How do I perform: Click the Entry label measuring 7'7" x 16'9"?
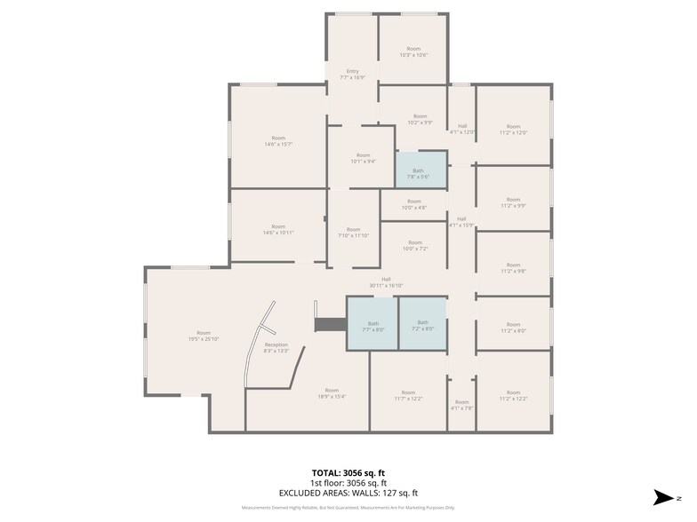[353, 75]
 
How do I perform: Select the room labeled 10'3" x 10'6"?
[413, 51]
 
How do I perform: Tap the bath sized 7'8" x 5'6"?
[418, 173]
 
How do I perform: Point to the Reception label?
[276, 347]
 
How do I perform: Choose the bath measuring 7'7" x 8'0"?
[373, 325]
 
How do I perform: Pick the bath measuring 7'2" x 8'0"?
[422, 325]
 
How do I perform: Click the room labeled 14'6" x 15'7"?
[278, 141]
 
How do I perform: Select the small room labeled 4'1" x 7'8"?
[461, 405]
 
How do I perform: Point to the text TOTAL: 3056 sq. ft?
[348, 473]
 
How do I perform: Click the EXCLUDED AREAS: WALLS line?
[348, 493]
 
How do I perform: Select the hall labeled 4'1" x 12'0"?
[461, 129]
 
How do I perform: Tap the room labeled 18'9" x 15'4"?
[332, 393]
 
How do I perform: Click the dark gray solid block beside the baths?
[330, 326]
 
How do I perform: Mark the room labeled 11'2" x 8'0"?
[513, 327]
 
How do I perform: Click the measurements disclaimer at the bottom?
[348, 508]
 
